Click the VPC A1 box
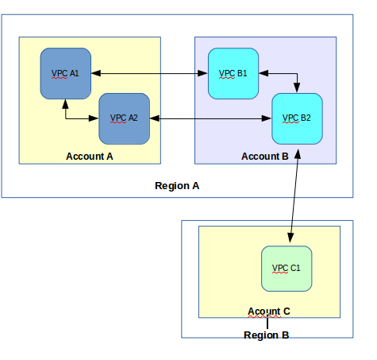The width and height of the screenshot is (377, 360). tap(66, 73)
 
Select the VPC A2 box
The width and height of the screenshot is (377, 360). tap(124, 118)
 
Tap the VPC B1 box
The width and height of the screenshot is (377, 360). tap(233, 73)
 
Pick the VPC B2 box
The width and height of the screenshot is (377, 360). tap(297, 118)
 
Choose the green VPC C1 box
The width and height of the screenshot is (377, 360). tap(287, 269)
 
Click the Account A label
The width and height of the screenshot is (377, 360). tap(90, 157)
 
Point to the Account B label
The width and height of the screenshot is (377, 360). tap(265, 157)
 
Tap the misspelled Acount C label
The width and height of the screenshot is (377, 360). tap(269, 312)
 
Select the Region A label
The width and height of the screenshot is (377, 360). tap(177, 186)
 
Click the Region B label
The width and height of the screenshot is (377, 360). tap(266, 335)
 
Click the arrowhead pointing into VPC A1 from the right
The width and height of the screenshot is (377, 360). tap(96, 73)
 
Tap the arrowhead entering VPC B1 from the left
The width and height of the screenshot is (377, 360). tap(203, 73)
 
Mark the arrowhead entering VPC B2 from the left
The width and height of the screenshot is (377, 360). tap(267, 118)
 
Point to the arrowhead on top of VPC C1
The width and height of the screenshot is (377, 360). tap(290, 238)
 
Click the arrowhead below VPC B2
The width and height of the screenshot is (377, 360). tap(298, 154)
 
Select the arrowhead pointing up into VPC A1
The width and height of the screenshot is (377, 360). tap(66, 104)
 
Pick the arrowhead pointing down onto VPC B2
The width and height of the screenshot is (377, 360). tap(297, 87)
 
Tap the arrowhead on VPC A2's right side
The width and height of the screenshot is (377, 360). tap(155, 118)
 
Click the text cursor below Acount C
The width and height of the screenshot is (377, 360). tap(267, 322)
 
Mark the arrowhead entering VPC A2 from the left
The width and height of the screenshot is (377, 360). tap(94, 118)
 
